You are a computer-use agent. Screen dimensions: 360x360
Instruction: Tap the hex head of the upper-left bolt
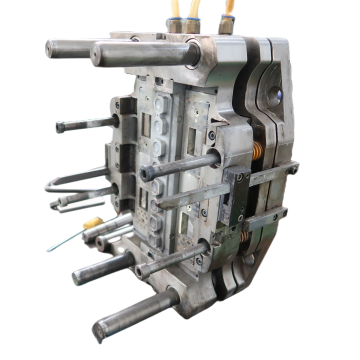(x=61, y=126)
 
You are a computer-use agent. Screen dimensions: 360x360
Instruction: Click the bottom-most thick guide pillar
(x=130, y=310)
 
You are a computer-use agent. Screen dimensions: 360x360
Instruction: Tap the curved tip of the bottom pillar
(x=99, y=326)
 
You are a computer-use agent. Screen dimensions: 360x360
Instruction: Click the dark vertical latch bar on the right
(x=235, y=195)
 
